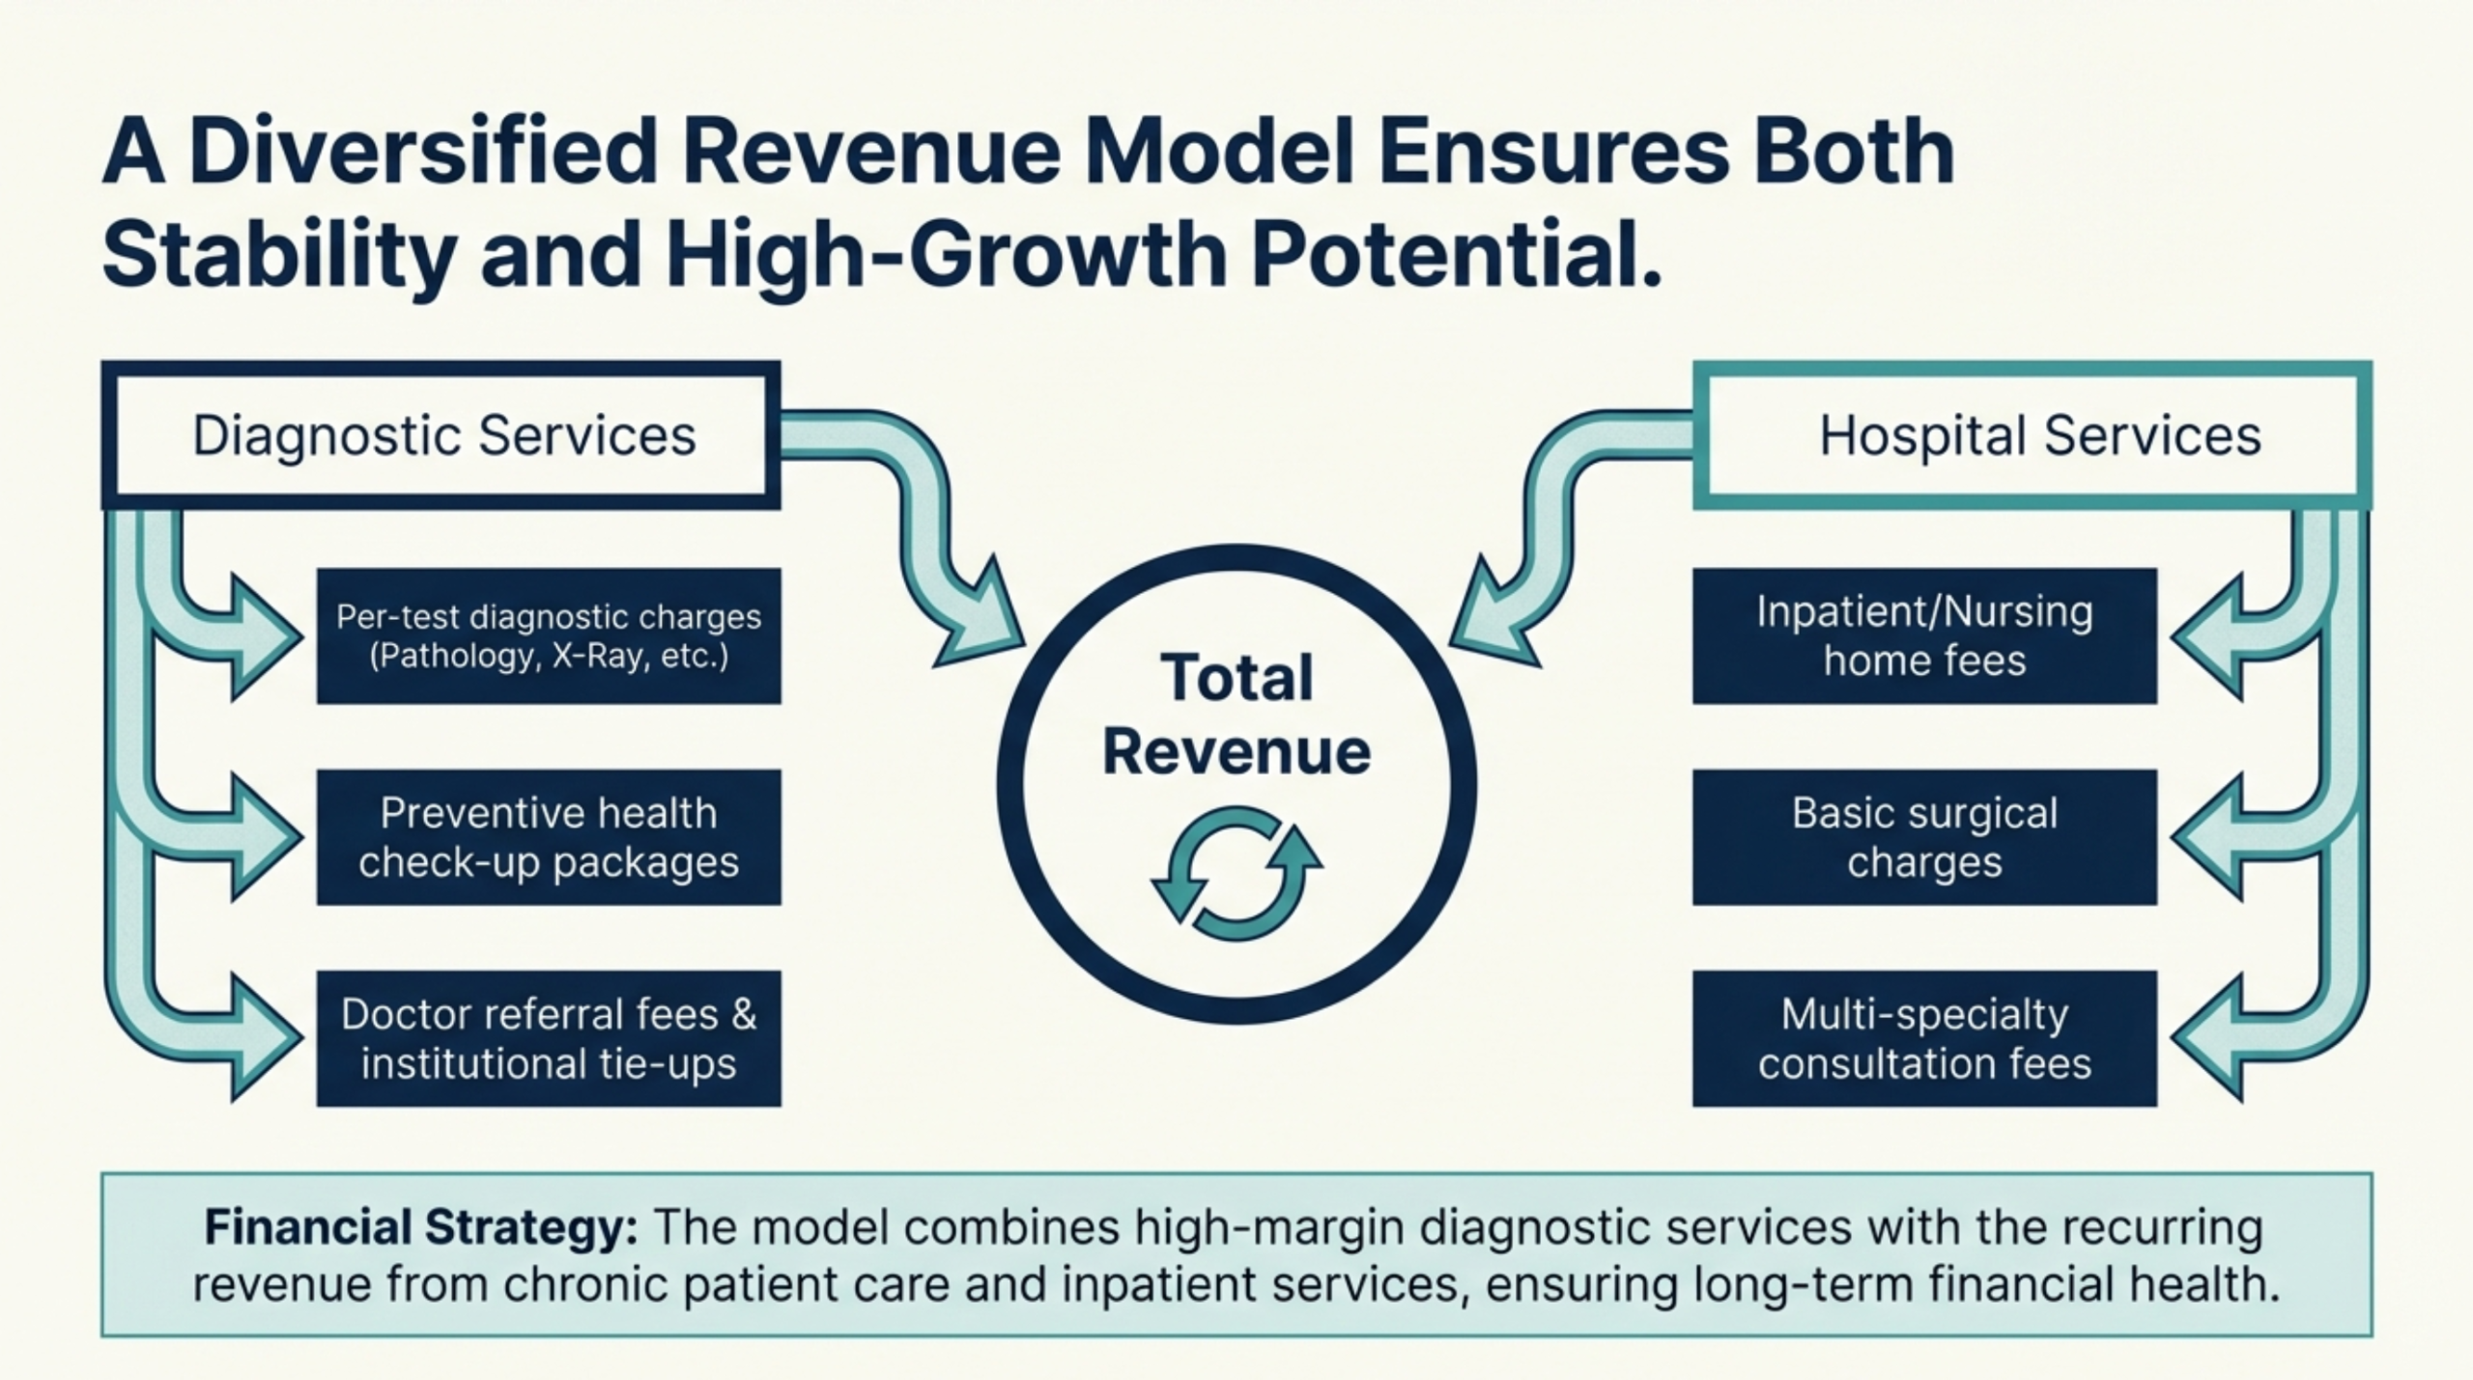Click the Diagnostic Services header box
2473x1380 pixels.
tap(441, 435)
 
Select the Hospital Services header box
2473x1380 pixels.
tap(2032, 435)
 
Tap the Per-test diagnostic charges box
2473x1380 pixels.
tap(549, 635)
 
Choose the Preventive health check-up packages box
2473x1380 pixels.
tap(549, 837)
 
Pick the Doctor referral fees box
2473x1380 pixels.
tap(549, 1038)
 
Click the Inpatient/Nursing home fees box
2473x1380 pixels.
tap(1924, 635)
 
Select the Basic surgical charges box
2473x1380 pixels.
tap(1924, 837)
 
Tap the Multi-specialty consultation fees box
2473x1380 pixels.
tap(1924, 1038)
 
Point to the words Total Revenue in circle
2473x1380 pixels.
tap(1236, 715)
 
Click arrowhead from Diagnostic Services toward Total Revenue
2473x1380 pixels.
tap(985, 623)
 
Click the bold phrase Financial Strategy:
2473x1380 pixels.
tap(421, 1228)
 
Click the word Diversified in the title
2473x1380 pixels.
tap(425, 153)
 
